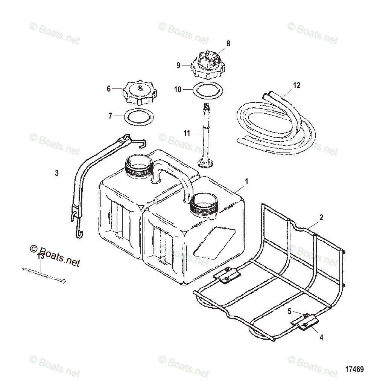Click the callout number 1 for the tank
click(x=246, y=182)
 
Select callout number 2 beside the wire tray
click(x=321, y=217)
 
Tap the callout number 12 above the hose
click(x=296, y=85)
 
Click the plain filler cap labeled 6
click(x=139, y=93)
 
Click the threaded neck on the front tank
click(x=204, y=205)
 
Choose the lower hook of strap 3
click(x=78, y=226)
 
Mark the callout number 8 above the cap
click(x=228, y=44)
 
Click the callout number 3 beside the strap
click(x=57, y=173)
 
